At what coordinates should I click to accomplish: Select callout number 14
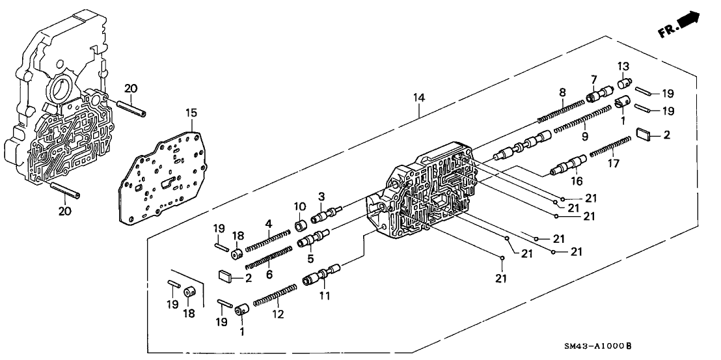click(419, 98)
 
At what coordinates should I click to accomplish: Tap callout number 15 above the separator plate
click(190, 112)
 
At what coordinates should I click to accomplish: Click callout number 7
click(593, 79)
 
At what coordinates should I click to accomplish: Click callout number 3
click(321, 197)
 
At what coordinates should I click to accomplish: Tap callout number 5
click(320, 251)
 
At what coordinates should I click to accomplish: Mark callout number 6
click(268, 274)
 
